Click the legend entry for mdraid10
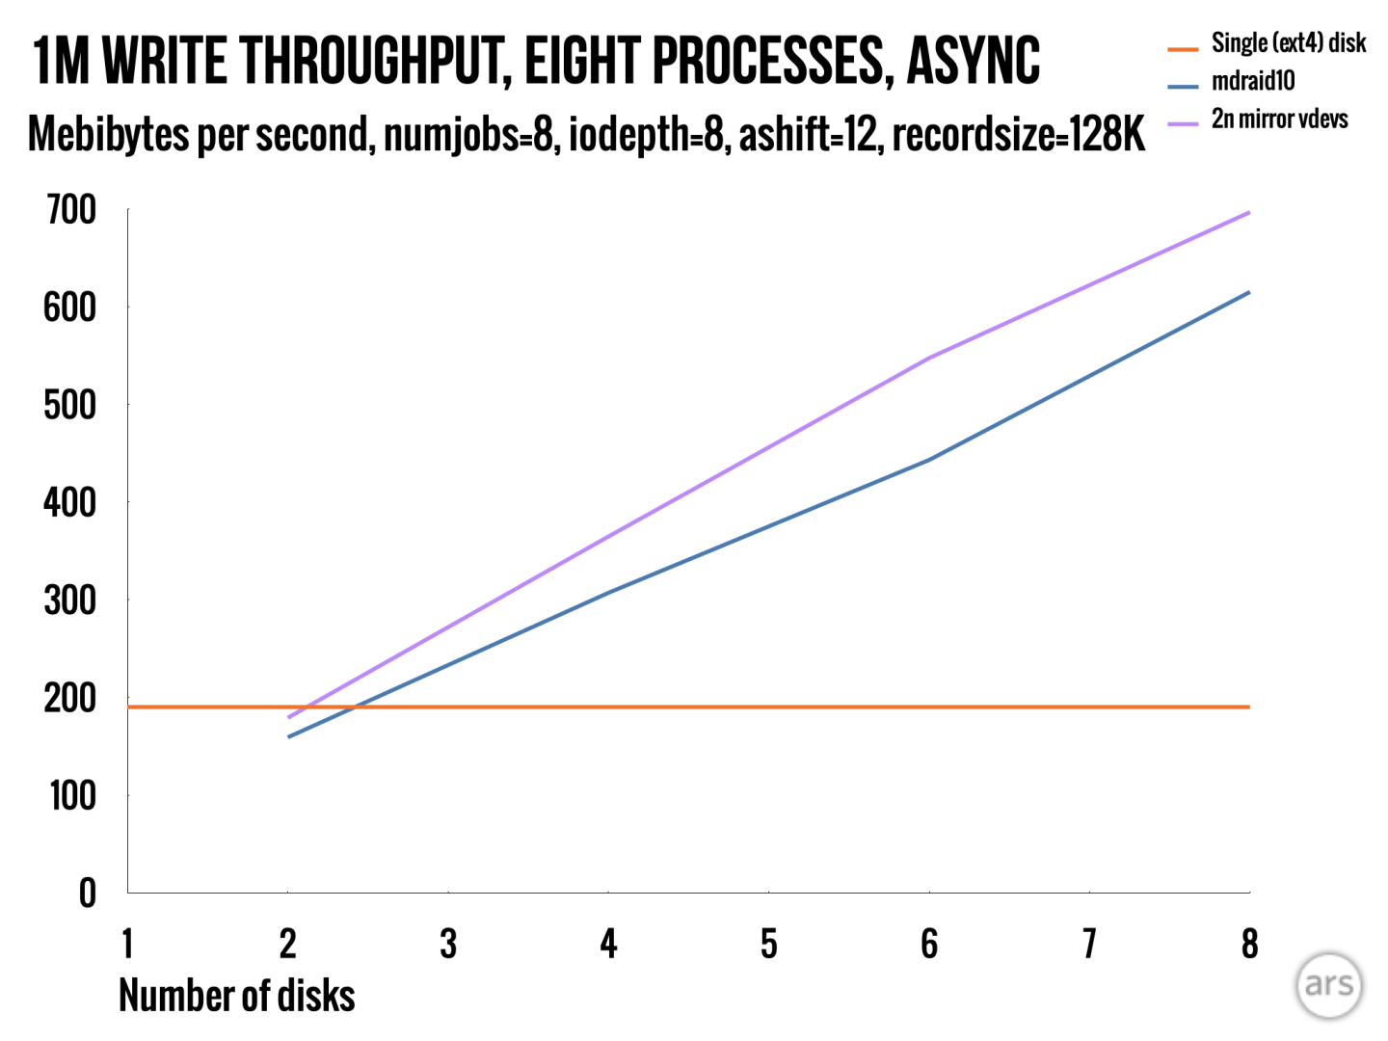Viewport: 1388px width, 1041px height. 1253,82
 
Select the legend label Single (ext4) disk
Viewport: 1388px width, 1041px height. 1288,43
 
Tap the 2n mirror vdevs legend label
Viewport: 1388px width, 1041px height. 1279,120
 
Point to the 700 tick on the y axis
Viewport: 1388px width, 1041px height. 71,209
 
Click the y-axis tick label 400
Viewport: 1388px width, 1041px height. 70,502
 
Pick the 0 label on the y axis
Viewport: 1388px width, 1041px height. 88,894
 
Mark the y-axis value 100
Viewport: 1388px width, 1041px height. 72,796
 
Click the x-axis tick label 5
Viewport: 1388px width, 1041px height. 768,945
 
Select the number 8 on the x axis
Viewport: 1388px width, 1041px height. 1249,945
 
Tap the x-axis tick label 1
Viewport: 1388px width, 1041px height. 127,945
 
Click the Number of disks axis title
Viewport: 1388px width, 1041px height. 236,996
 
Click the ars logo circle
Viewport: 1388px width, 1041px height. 1329,985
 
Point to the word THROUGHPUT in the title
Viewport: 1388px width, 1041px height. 375,61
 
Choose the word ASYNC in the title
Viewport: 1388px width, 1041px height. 973,61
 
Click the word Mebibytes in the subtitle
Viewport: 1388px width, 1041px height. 108,135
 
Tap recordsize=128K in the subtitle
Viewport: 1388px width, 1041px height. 1019,135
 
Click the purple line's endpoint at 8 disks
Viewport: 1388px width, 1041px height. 1249,212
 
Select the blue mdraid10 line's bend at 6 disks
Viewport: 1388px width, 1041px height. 929,460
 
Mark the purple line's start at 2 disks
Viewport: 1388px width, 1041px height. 288,717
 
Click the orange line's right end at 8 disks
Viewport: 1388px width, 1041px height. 1249,707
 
